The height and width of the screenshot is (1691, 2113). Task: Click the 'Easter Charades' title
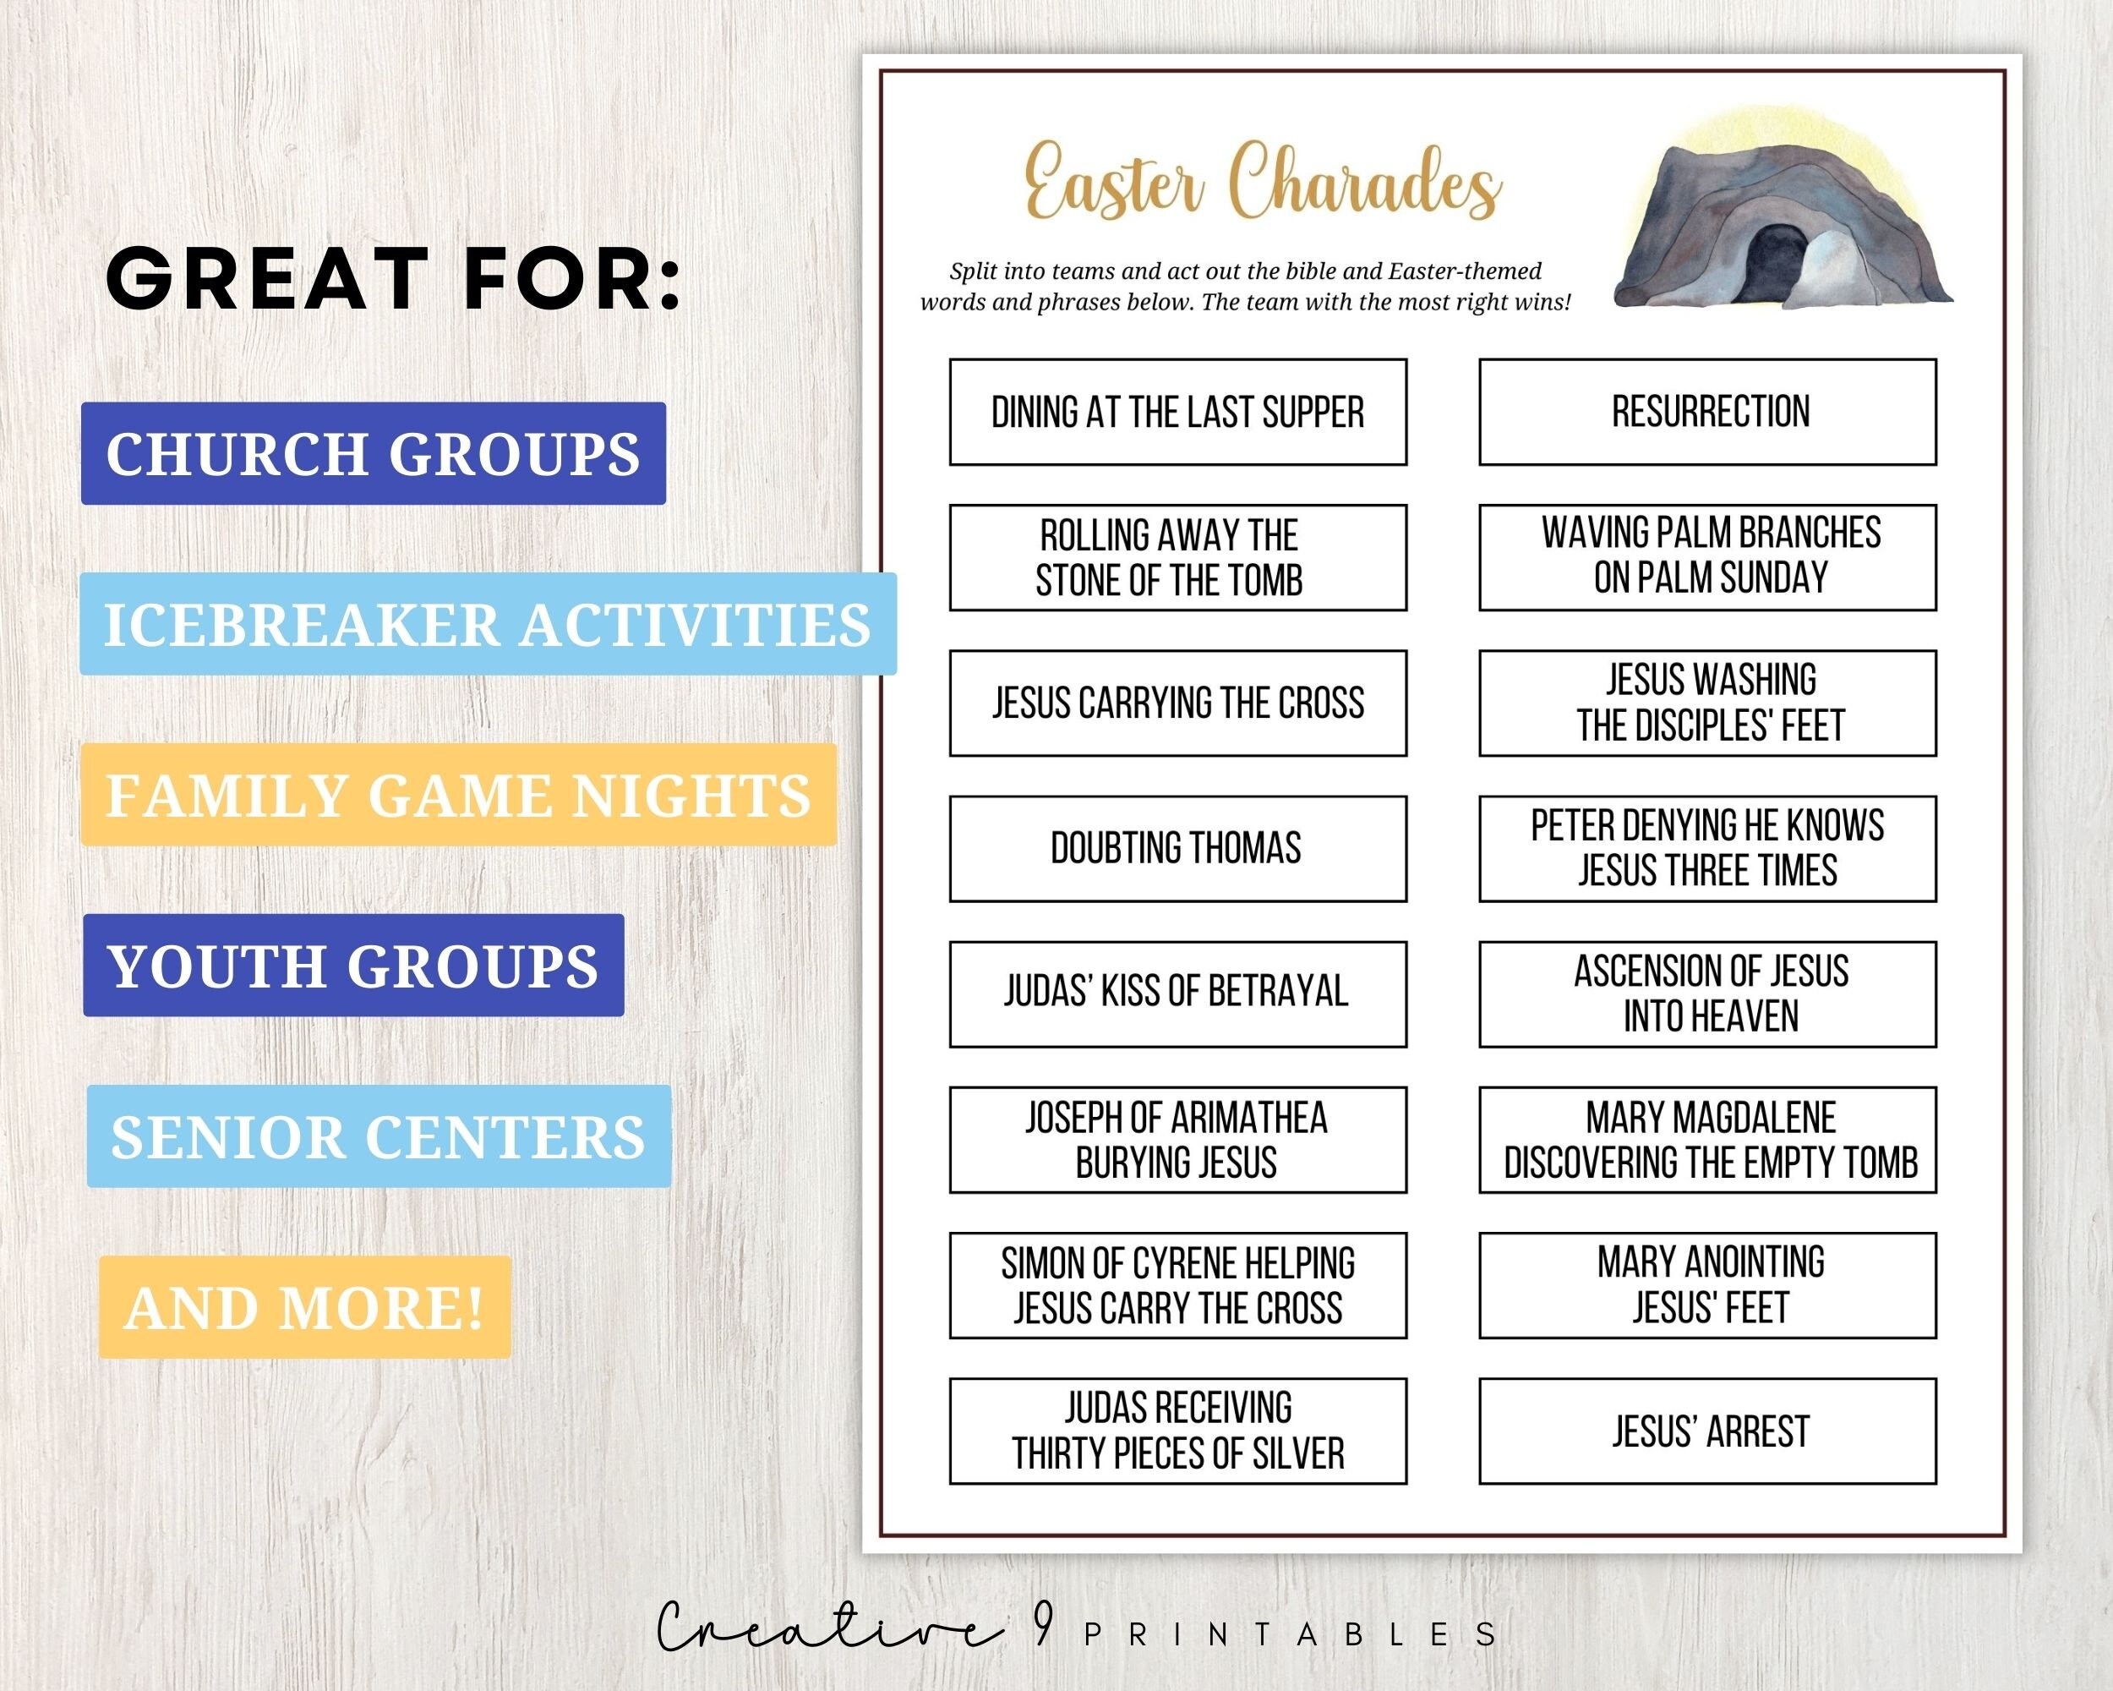coord(1263,181)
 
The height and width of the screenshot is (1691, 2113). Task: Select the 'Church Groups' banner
coord(374,453)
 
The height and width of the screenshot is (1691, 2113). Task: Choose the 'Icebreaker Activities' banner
coord(487,625)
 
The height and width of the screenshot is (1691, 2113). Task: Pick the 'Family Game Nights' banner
coord(458,795)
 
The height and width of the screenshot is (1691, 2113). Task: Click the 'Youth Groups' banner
coord(352,966)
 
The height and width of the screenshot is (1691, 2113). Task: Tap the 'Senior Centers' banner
coord(379,1136)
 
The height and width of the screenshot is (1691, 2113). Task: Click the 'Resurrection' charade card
coord(1707,412)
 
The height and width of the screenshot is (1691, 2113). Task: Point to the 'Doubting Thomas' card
coord(1177,848)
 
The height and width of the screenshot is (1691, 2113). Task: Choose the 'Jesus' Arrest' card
coord(1707,1431)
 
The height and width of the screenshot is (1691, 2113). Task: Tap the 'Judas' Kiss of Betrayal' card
coord(1177,994)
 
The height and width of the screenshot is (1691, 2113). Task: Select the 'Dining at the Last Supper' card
coord(1177,412)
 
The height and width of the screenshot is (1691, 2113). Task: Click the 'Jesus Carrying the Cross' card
coord(1177,703)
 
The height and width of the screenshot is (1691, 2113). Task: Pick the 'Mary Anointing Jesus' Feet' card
coord(1707,1285)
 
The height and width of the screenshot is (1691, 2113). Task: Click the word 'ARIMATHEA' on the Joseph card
coord(1249,1118)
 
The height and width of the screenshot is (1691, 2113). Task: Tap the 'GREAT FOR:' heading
coord(392,279)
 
